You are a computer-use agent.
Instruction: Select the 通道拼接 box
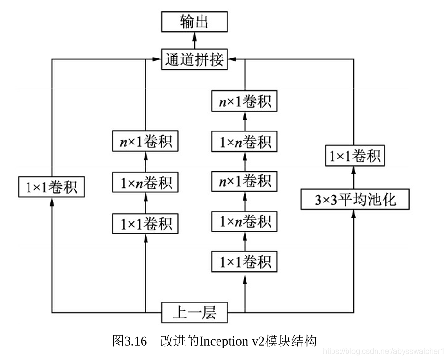click(194, 59)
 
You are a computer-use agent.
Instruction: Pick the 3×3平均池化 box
click(355, 199)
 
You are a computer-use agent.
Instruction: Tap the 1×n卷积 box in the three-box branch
click(145, 183)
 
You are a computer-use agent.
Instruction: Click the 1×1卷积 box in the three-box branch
click(145, 224)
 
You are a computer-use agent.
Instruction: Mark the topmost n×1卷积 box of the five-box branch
click(245, 102)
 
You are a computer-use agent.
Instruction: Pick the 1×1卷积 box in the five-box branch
click(245, 262)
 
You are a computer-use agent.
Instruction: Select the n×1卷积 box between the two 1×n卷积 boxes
click(245, 182)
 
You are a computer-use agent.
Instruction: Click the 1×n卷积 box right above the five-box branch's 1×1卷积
click(245, 222)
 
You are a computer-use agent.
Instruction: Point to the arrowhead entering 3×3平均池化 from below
click(355, 213)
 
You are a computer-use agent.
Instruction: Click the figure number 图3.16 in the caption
click(130, 341)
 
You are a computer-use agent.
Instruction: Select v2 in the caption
click(259, 341)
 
